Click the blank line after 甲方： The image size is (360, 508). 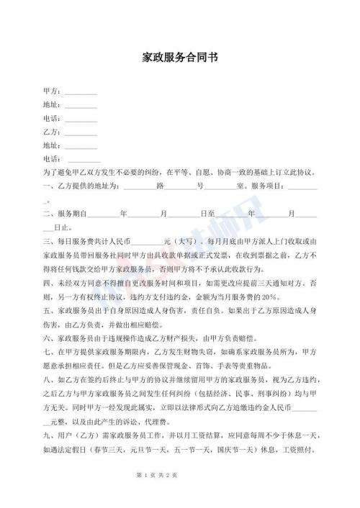pos(80,93)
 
